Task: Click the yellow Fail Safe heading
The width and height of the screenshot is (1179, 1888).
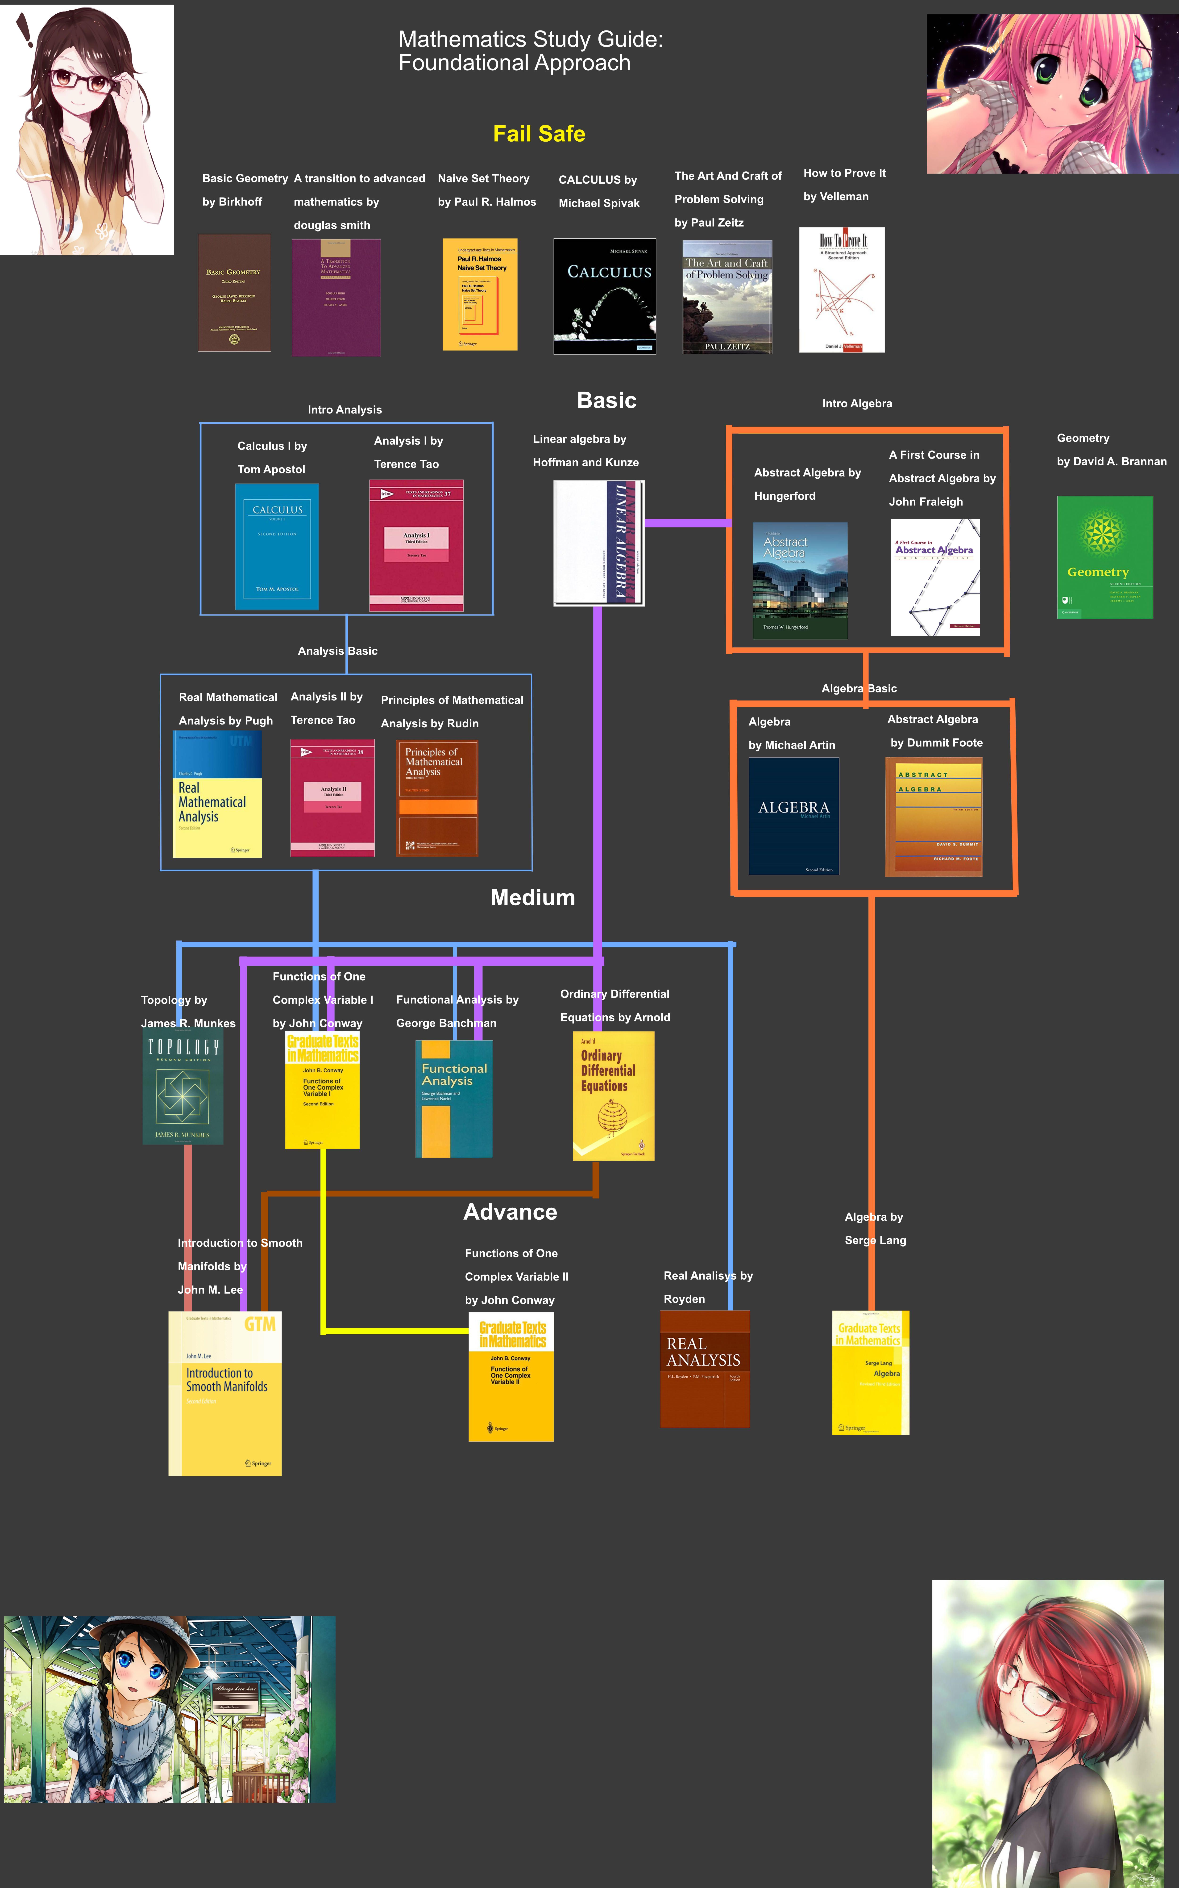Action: pos(539,134)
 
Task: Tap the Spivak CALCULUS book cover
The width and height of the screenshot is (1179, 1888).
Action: pos(604,296)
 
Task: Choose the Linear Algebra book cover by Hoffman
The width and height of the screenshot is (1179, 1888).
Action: pos(598,542)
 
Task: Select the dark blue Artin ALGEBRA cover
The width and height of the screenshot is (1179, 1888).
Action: pos(793,816)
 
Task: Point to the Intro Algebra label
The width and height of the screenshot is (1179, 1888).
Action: pos(857,403)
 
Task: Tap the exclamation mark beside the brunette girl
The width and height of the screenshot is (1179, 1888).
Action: pos(25,31)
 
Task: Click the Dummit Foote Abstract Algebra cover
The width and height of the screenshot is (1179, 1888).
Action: pos(933,816)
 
